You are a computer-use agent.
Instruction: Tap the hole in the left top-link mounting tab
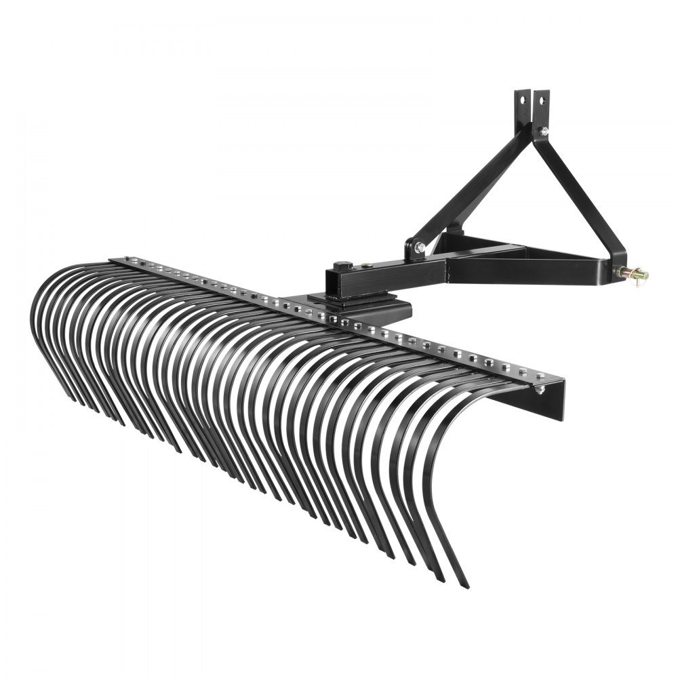523,99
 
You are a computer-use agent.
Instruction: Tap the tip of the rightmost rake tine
464,584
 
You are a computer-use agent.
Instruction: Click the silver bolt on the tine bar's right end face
540,389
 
